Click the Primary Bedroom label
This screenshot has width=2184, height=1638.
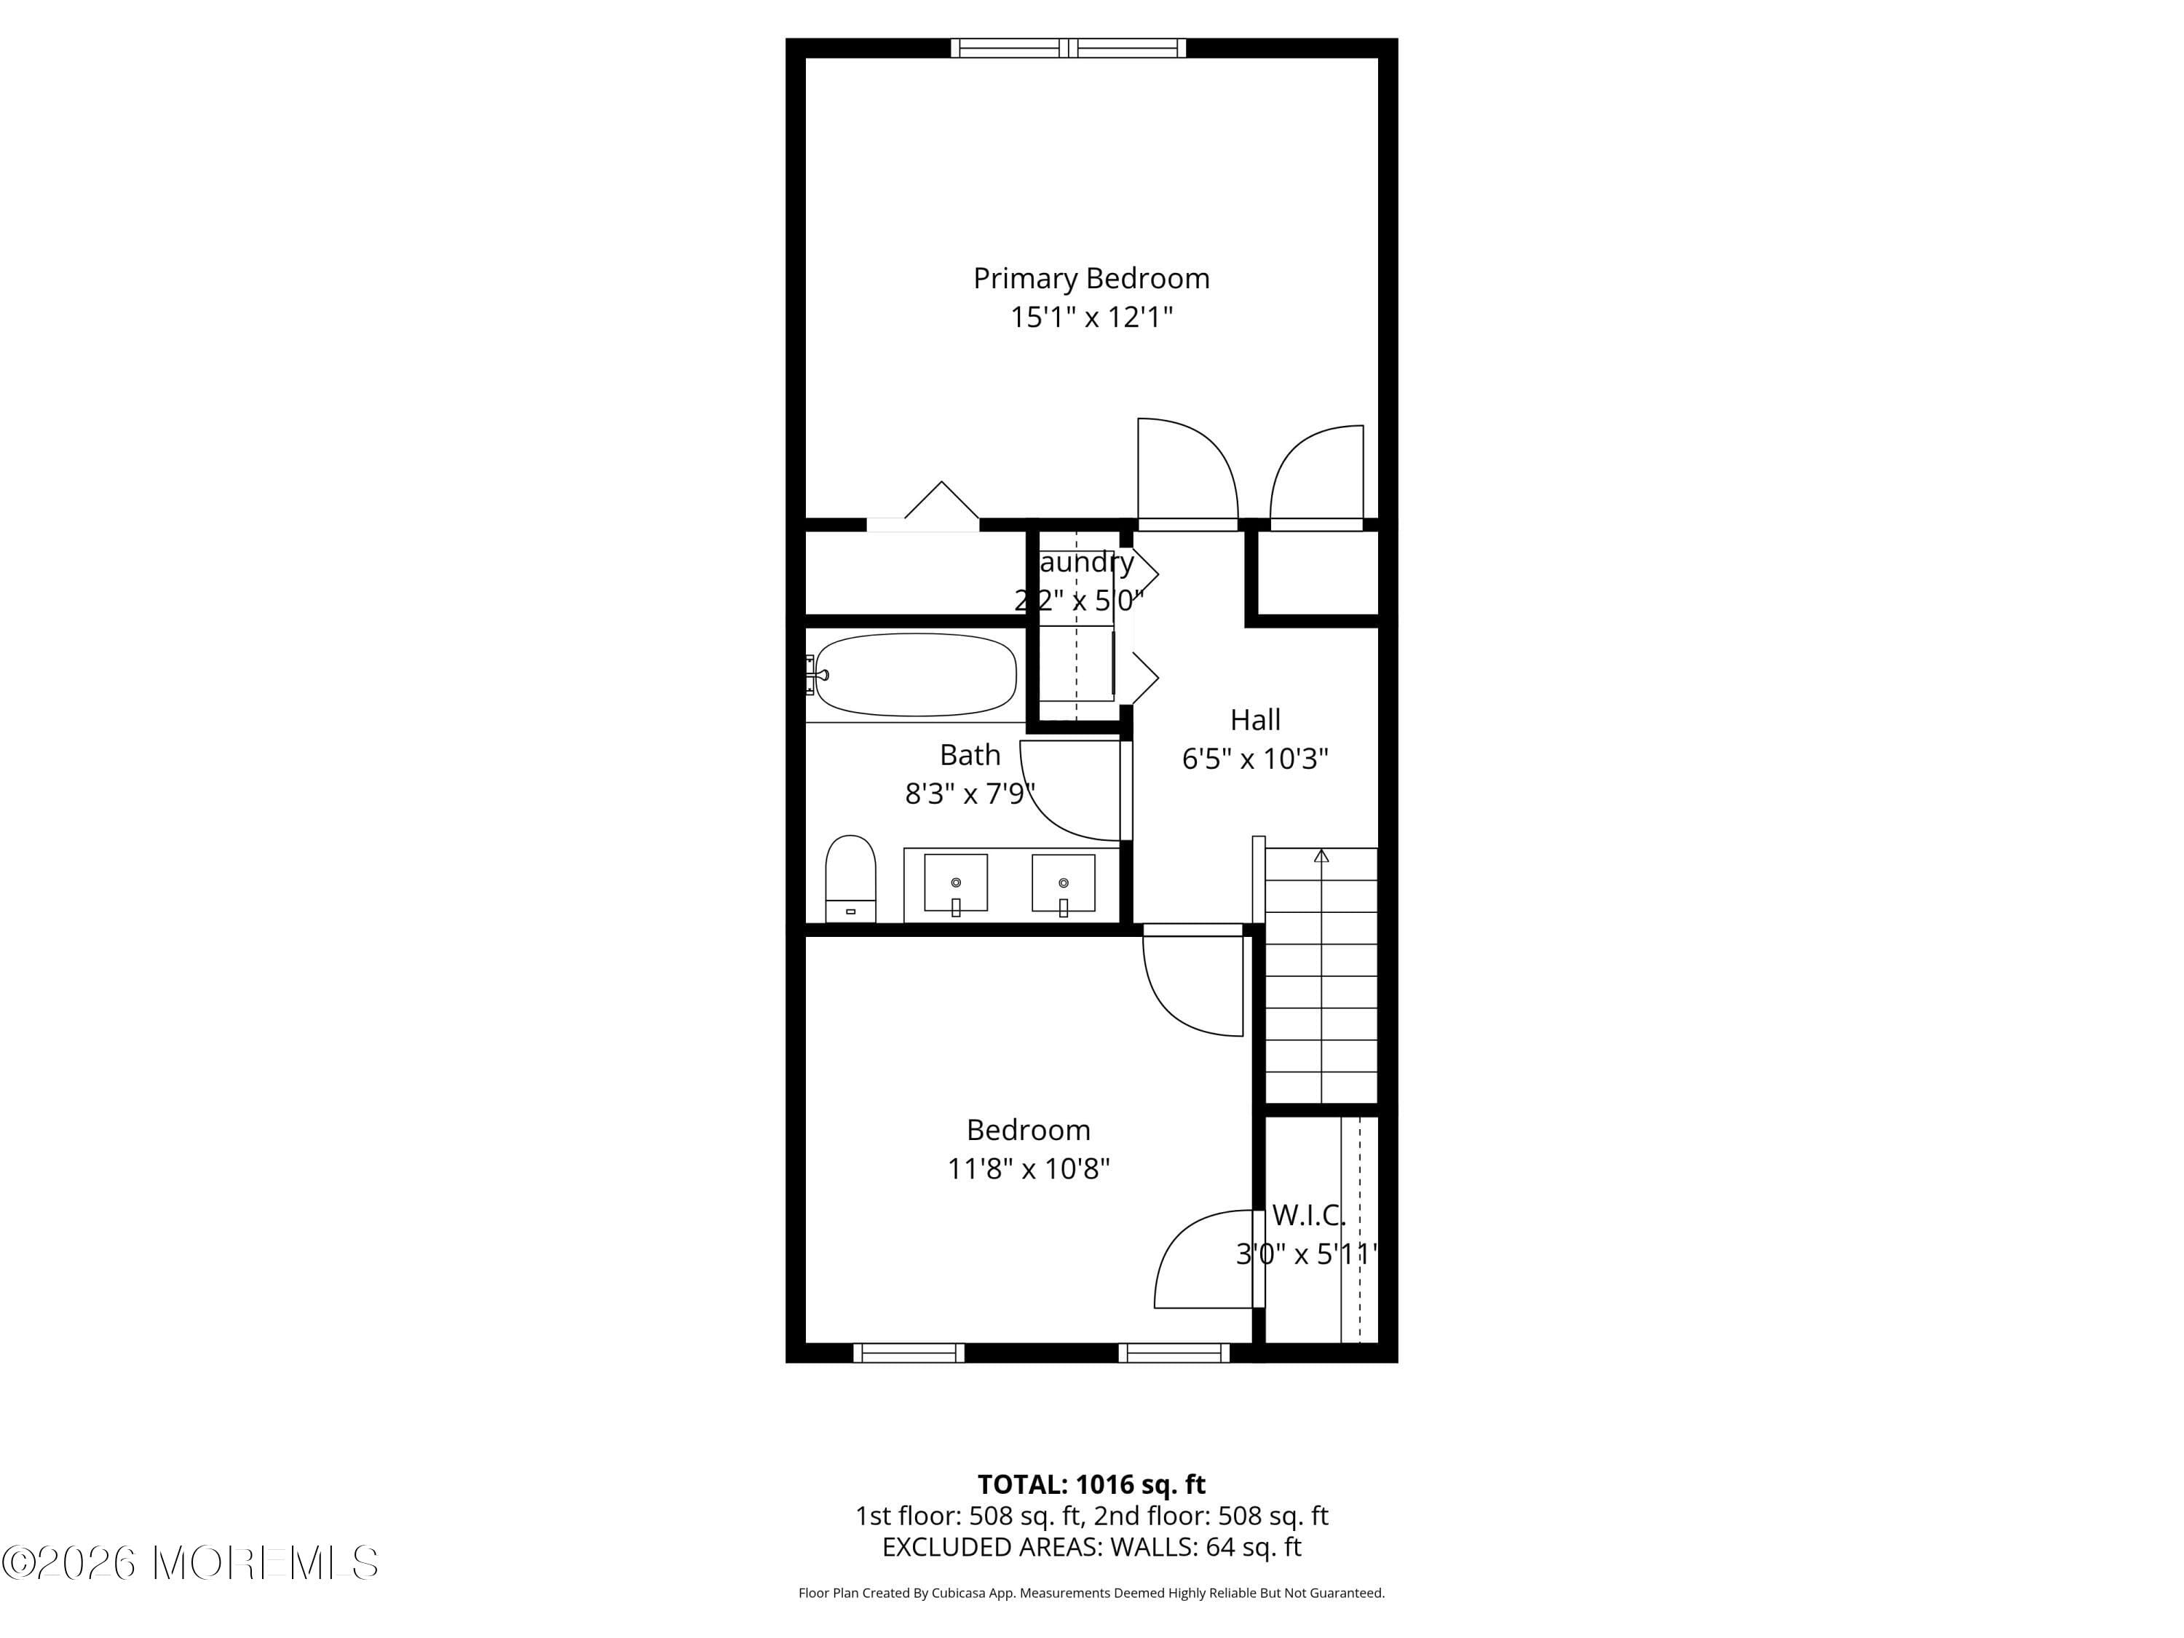pos(1091,278)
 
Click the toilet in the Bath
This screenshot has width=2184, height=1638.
pos(850,877)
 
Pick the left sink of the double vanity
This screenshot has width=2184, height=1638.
pos(954,882)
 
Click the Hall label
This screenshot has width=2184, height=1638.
pos(1255,720)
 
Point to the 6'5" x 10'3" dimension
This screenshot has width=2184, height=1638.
pos(1255,759)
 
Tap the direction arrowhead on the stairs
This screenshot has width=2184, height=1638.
pos(1321,856)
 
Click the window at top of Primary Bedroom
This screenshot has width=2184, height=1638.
pos(1068,47)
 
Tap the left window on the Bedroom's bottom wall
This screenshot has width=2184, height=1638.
pos(909,1353)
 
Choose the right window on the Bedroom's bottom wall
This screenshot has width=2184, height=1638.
pos(1174,1353)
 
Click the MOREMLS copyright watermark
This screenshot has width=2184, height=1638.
pos(189,1563)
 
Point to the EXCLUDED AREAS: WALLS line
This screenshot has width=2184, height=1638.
pos(1091,1547)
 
